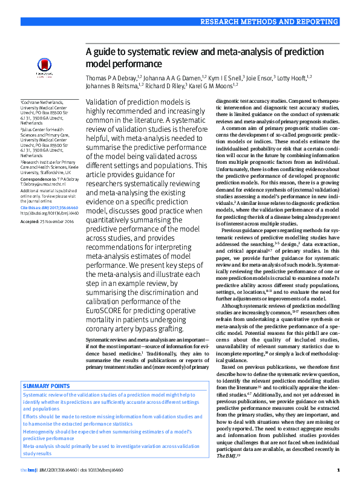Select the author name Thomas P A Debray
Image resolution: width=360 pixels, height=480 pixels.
click(111, 77)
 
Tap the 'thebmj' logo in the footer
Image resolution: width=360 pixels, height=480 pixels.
click(28, 470)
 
